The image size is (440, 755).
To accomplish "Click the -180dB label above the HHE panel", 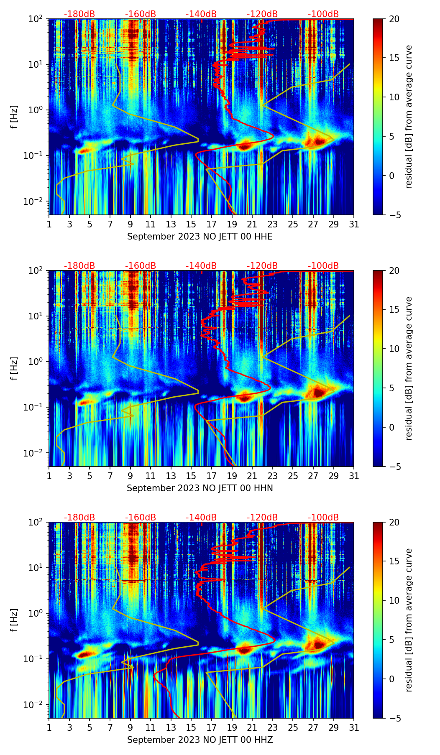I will tap(79, 14).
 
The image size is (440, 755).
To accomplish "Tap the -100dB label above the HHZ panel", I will tap(323, 518).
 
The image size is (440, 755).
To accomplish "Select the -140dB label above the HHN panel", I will tap(201, 266).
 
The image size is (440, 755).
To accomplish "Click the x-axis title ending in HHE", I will tap(200, 237).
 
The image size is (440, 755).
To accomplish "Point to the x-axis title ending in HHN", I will tap(200, 488).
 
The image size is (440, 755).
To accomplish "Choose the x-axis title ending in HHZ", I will tap(200, 740).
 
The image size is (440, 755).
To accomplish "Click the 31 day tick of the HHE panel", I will tap(354, 224).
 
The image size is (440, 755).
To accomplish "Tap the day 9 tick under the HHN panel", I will tap(130, 476).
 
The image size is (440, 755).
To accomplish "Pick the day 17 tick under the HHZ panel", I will tap(212, 727).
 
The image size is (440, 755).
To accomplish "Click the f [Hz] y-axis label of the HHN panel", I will tap(14, 368).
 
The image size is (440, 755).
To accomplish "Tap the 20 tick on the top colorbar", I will tap(394, 19).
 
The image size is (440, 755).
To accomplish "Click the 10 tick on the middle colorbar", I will tap(394, 349).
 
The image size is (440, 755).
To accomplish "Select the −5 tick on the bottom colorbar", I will tap(394, 718).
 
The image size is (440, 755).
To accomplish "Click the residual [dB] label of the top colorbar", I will tap(409, 117).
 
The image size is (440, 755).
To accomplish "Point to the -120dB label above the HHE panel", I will tap(262, 14).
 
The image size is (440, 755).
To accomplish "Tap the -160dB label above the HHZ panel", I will tap(141, 518).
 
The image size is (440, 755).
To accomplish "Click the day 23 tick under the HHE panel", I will tap(273, 224).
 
